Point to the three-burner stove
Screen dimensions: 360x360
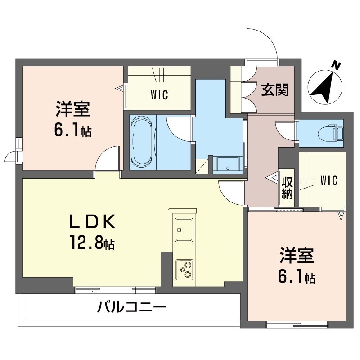[184, 270]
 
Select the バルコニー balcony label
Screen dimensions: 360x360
[131, 308]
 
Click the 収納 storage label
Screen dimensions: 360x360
[287, 188]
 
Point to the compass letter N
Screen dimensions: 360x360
[335, 65]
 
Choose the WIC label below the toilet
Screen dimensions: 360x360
[328, 180]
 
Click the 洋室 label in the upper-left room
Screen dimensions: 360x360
[73, 109]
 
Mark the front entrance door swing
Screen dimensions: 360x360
[262, 45]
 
